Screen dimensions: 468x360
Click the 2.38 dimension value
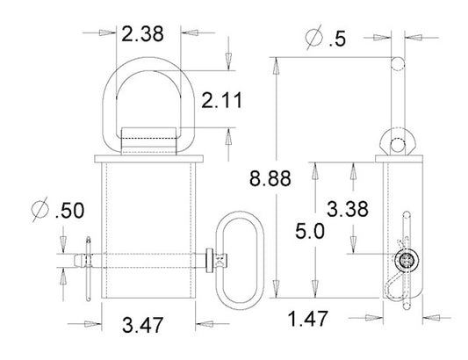[x=142, y=33]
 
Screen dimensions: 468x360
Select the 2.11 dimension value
[x=222, y=100]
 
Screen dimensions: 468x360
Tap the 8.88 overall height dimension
[x=270, y=178]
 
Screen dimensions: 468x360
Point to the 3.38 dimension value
[x=348, y=209]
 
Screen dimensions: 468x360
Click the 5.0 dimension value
[x=310, y=231]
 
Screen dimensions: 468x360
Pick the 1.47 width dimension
[x=307, y=319]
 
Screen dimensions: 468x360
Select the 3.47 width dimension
[x=142, y=325]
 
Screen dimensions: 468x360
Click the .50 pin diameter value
[x=70, y=211]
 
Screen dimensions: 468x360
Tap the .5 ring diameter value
[x=337, y=40]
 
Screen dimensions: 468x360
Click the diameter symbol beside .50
[x=40, y=209]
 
